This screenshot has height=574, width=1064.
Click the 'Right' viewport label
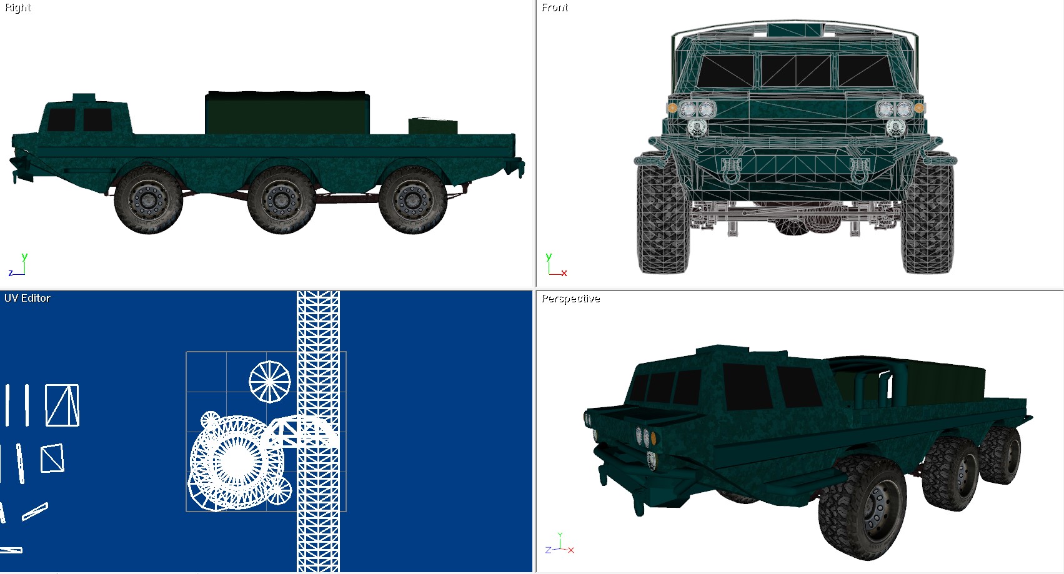tap(17, 8)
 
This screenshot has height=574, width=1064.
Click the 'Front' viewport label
tap(555, 7)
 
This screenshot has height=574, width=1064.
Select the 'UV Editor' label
tap(27, 298)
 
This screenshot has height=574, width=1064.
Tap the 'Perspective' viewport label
tap(571, 299)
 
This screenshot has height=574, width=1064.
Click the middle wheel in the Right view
tap(281, 200)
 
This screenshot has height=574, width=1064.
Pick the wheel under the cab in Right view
tap(148, 200)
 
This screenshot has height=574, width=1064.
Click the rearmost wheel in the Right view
tap(413, 200)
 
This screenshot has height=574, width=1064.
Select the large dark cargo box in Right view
tap(287, 112)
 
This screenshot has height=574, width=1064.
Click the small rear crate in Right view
tap(433, 126)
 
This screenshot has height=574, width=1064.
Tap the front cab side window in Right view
tap(61, 120)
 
